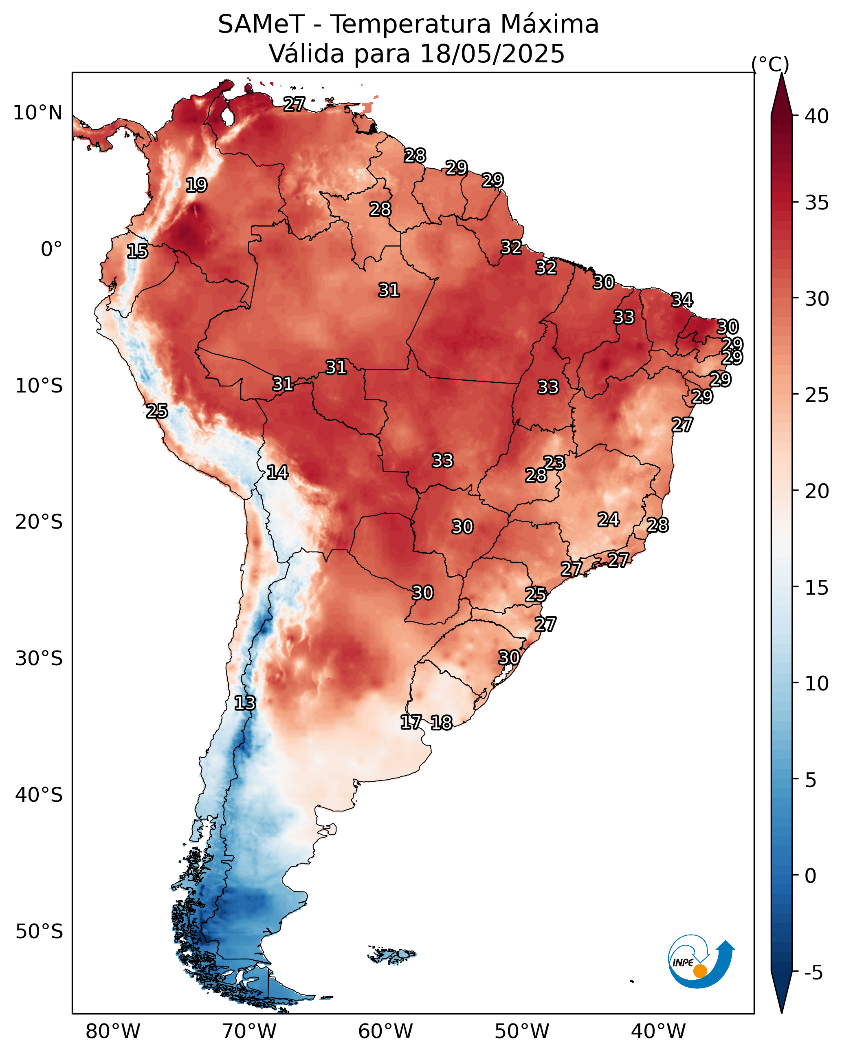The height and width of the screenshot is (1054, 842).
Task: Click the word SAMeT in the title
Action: (261, 24)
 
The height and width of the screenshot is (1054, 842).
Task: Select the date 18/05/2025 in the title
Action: (492, 54)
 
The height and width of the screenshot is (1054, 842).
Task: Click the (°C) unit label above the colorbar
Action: (770, 64)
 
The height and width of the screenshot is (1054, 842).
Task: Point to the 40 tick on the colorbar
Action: (817, 116)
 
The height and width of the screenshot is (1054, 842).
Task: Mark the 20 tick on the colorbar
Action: (817, 491)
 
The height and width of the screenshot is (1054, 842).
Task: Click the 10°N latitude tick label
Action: (37, 113)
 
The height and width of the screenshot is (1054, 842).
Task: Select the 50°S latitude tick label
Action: (39, 932)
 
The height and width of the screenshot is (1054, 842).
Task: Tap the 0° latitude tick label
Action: (51, 249)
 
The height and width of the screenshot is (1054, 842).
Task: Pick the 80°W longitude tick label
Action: (113, 1031)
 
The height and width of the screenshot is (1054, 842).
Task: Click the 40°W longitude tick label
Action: (658, 1031)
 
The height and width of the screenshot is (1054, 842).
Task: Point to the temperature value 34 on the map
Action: (682, 300)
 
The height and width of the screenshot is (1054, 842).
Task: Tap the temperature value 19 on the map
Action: (196, 185)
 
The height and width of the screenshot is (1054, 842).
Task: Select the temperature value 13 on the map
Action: (245, 703)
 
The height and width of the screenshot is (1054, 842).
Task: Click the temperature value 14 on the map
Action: (277, 472)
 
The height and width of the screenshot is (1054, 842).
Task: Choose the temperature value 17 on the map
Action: (411, 722)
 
